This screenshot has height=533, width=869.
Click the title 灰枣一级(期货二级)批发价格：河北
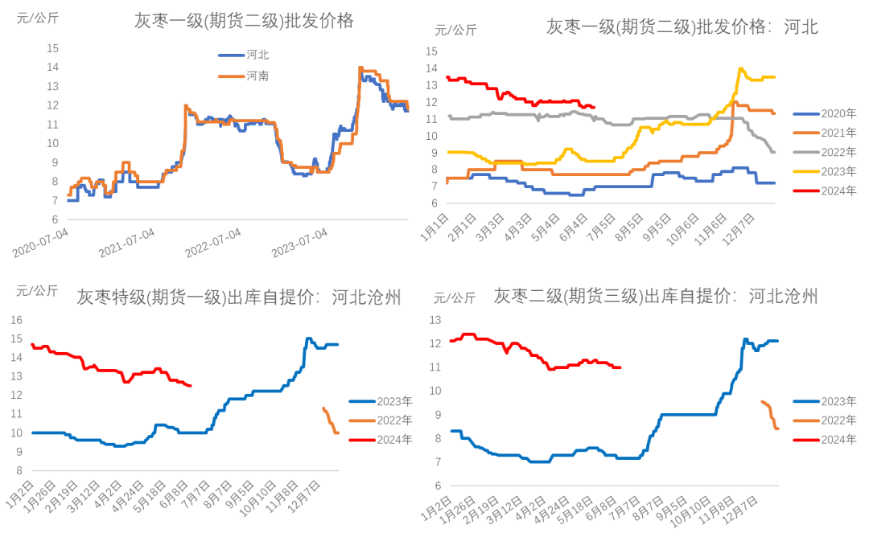[x=682, y=27]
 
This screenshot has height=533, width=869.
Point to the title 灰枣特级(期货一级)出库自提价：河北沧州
[x=238, y=298]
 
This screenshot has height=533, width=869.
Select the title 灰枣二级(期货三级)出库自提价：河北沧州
[x=656, y=297]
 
